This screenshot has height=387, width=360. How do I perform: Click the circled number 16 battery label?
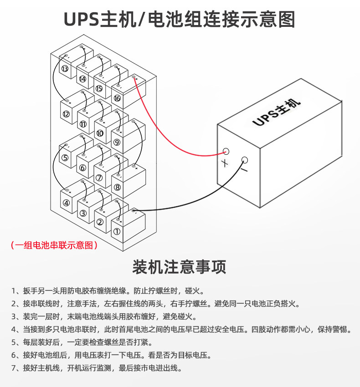click(117, 98)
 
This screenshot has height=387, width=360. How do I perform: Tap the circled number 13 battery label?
click(65, 69)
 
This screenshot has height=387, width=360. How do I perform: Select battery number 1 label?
click(117, 231)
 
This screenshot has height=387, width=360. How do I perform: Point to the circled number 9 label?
click(117, 143)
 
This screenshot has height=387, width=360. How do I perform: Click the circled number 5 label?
click(65, 158)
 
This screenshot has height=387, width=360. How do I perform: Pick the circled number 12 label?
click(66, 114)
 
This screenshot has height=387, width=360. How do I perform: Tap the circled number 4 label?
click(66, 203)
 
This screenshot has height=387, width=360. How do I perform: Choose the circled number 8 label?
click(117, 187)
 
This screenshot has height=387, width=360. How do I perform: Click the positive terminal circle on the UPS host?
click(226, 151)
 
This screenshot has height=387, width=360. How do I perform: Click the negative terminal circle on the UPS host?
click(244, 160)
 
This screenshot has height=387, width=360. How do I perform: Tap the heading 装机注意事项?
click(180, 267)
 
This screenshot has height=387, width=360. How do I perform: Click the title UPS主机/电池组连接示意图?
click(180, 20)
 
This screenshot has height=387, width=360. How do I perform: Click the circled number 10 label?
click(100, 133)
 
